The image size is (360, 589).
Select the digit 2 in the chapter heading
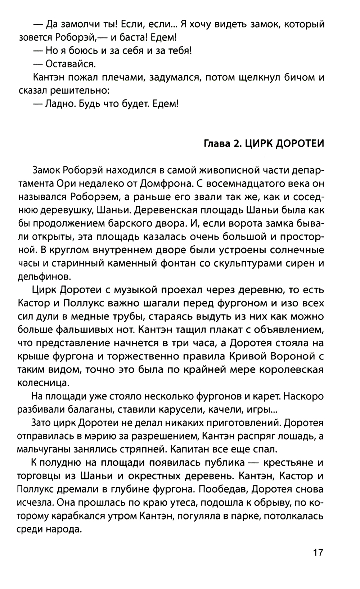236,143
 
